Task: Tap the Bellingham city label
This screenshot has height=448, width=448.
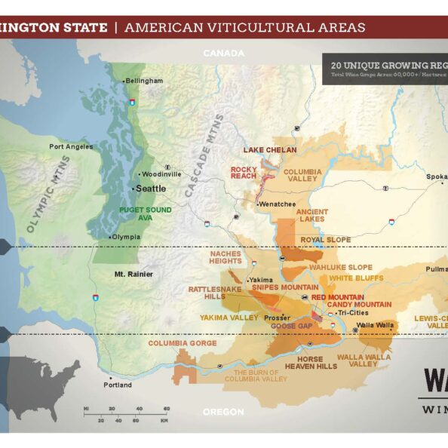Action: [x=144, y=81]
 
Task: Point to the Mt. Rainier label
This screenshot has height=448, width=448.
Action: [x=133, y=274]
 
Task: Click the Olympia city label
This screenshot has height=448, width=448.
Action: [x=127, y=237]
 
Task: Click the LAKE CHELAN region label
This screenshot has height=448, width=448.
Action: [x=269, y=150]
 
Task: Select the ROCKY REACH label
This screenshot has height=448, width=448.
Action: [x=244, y=173]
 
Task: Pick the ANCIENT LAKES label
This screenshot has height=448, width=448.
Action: [x=312, y=216]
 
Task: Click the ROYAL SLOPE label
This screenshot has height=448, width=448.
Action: [x=326, y=240]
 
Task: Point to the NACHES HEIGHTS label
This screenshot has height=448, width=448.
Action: [x=226, y=258]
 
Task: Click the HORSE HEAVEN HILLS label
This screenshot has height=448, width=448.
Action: [x=311, y=362]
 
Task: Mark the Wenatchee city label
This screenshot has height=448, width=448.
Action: [x=275, y=204]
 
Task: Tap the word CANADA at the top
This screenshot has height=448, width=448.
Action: [x=224, y=54]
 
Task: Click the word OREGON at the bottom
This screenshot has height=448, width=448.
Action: [x=223, y=412]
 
